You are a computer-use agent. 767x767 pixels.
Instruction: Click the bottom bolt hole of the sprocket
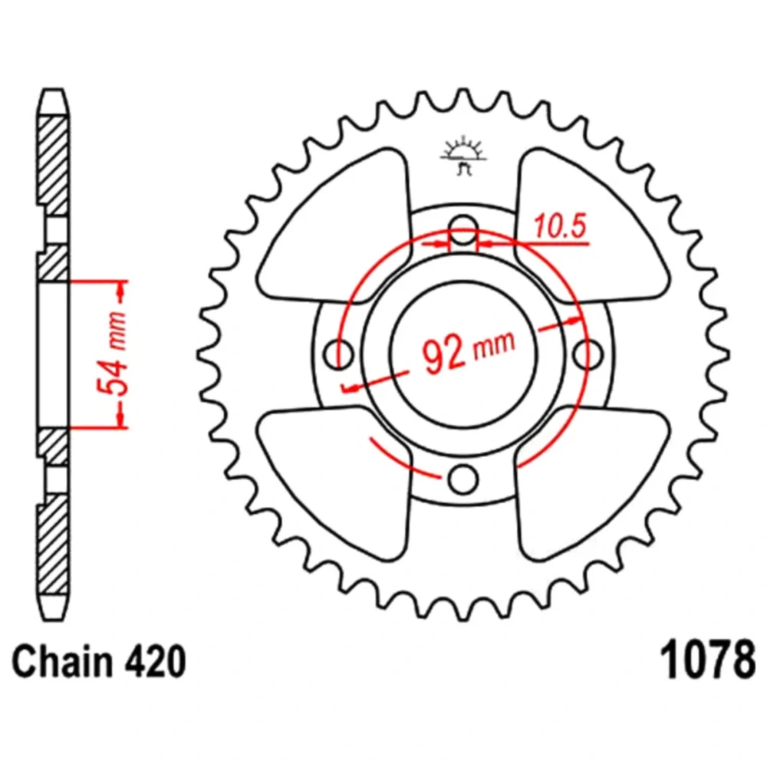(463, 479)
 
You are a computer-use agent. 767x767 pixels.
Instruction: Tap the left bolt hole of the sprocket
(336, 353)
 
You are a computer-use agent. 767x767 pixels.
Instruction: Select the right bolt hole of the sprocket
(589, 353)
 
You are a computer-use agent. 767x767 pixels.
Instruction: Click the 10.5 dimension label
(560, 226)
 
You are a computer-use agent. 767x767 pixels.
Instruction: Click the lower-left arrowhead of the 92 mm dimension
(351, 388)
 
